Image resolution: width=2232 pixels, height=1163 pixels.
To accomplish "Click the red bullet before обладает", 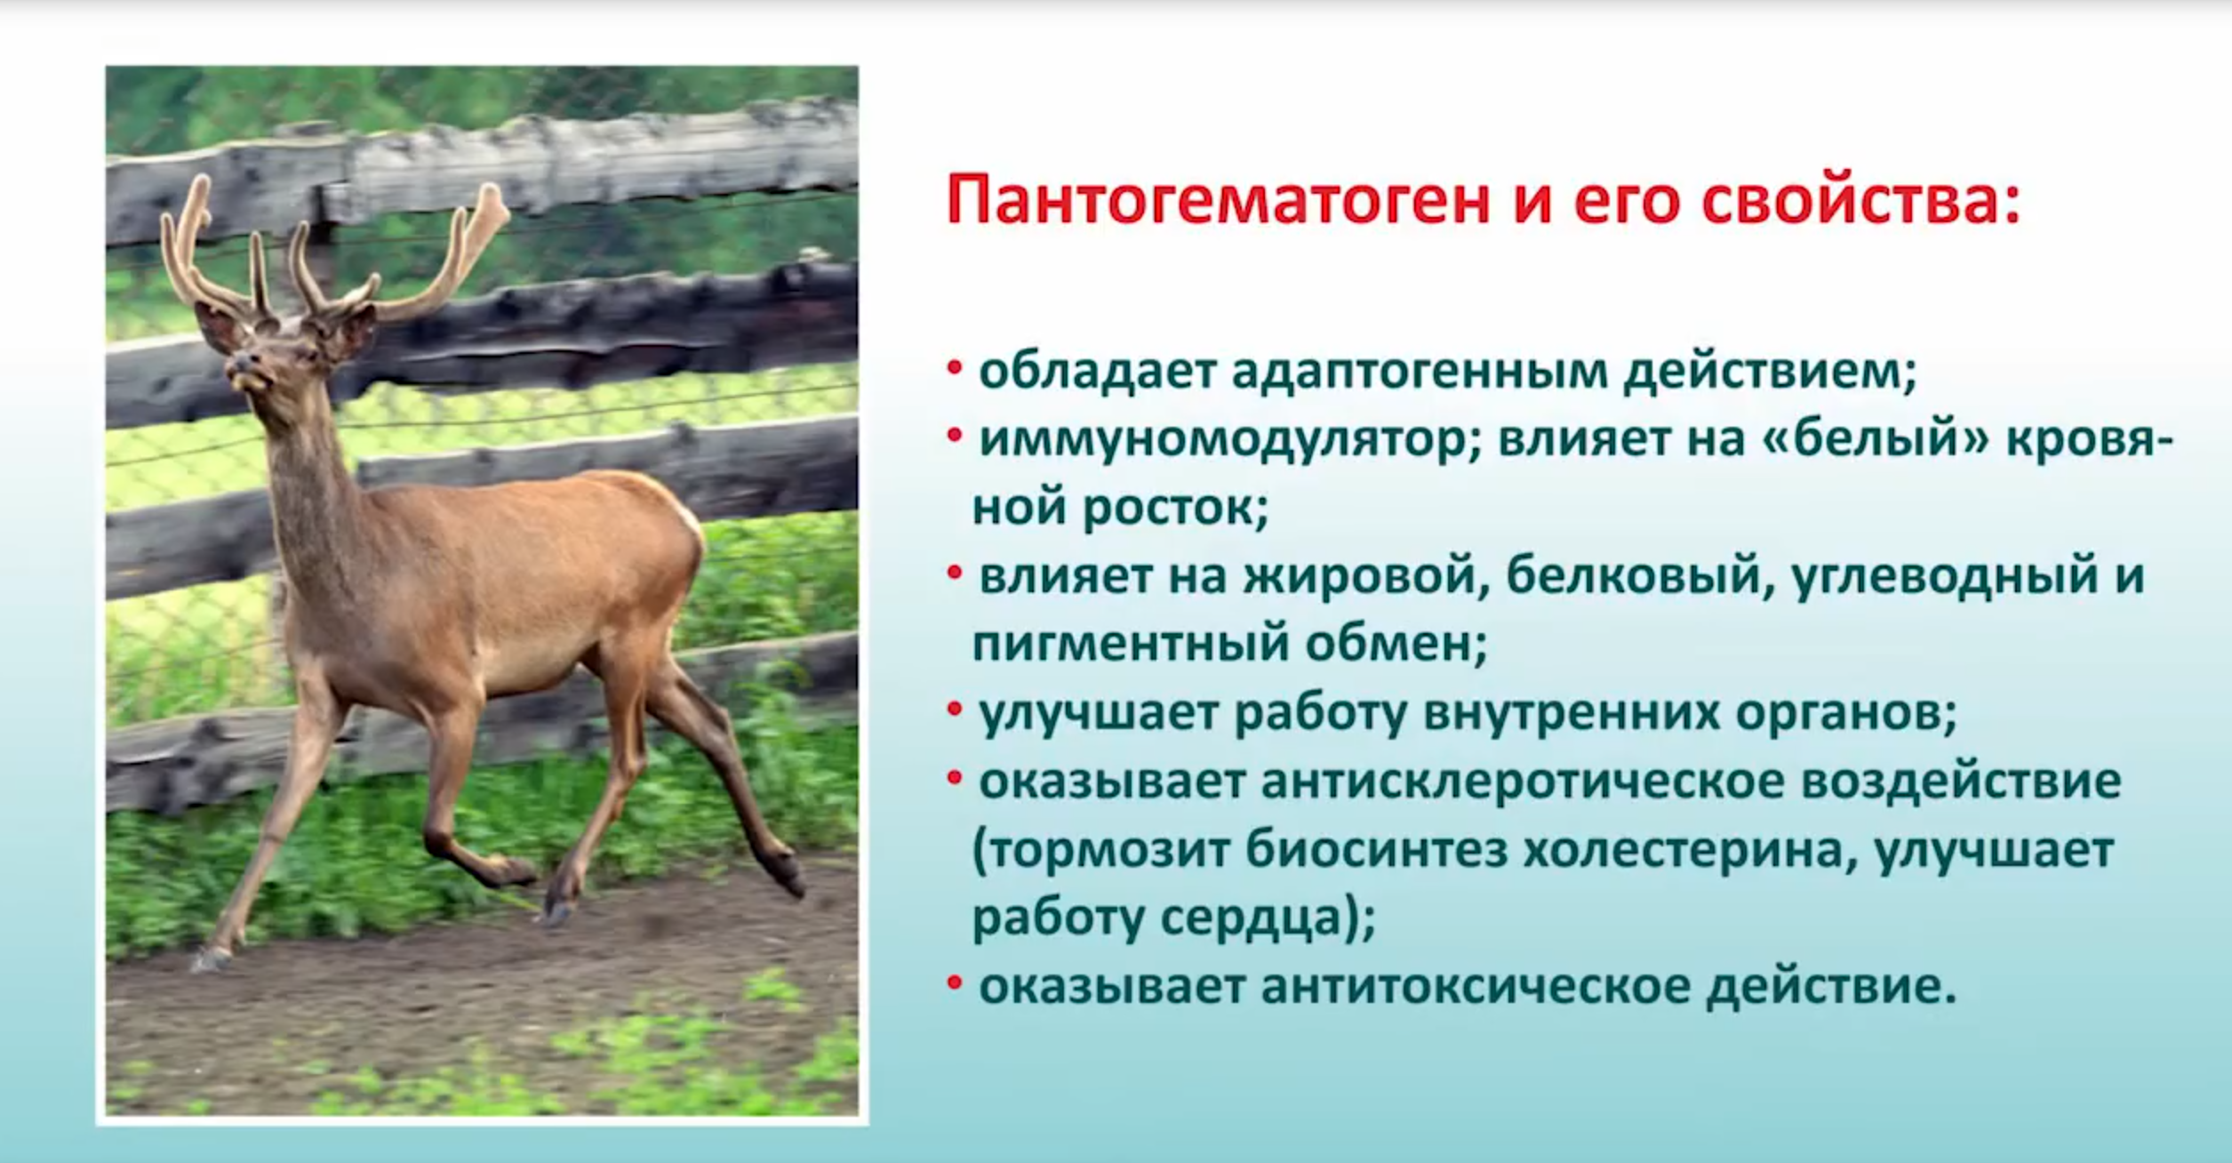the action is point(955,368).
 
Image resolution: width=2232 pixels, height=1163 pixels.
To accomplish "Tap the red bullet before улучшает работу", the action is point(955,710).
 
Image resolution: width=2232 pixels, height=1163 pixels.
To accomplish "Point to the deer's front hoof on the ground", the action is point(212,958).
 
